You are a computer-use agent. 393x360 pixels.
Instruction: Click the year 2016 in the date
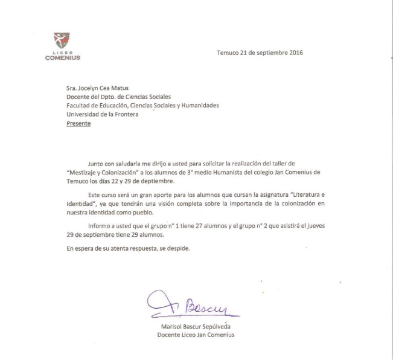click(x=295, y=52)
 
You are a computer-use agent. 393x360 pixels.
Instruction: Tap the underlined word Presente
click(x=78, y=123)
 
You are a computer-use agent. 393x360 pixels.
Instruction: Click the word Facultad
click(x=78, y=105)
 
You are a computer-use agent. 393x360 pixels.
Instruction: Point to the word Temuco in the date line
click(x=228, y=52)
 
